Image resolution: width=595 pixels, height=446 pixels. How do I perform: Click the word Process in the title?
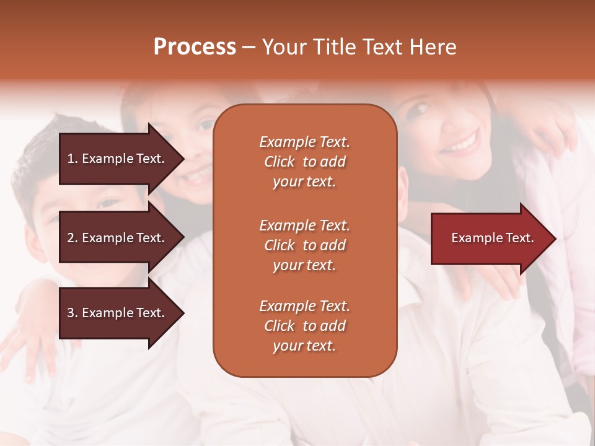click(195, 47)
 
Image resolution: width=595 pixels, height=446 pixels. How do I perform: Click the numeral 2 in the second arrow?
click(71, 238)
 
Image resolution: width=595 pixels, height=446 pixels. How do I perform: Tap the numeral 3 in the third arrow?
click(71, 313)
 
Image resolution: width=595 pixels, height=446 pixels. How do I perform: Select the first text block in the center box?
click(304, 162)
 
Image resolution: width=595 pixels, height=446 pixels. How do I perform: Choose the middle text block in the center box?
click(304, 245)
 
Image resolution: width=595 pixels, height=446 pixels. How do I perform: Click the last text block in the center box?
click(304, 326)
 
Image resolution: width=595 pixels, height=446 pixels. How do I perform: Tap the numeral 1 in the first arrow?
click(71, 159)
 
